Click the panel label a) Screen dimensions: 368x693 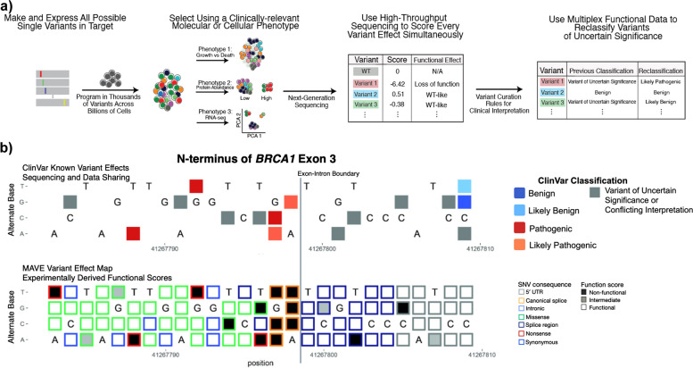tap(8, 7)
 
